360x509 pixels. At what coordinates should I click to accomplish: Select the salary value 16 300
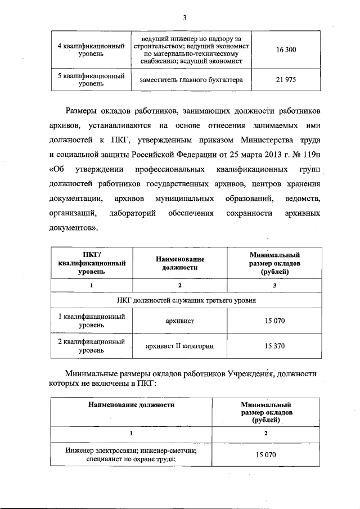(x=286, y=49)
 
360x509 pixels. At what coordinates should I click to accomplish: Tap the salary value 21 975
(x=286, y=80)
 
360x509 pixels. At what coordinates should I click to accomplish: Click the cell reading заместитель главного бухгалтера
(x=191, y=80)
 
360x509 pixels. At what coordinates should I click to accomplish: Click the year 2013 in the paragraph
(x=262, y=153)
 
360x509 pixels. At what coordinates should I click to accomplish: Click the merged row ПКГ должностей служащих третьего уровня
(x=186, y=300)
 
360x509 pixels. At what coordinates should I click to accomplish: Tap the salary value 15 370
(x=274, y=346)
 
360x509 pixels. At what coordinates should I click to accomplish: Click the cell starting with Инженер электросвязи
(x=130, y=454)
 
